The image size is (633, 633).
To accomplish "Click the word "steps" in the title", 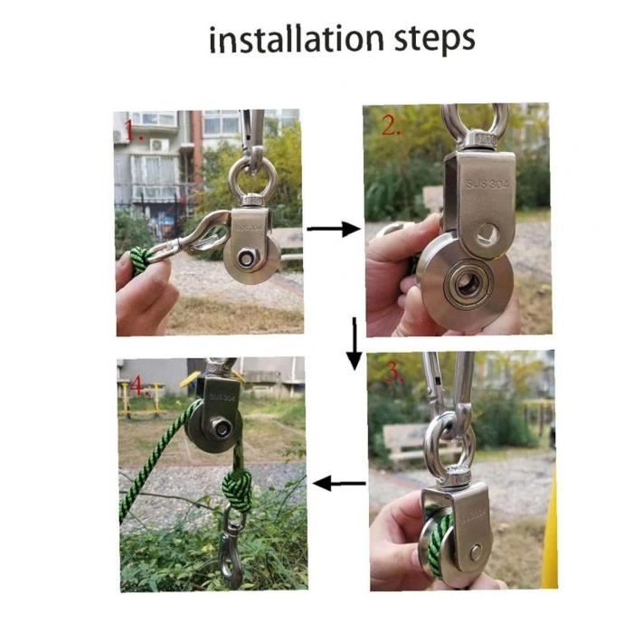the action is [434, 41].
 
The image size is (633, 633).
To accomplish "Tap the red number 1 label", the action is [133, 130].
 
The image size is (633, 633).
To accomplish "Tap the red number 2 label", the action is [392, 125].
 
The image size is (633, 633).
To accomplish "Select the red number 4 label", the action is [139, 386].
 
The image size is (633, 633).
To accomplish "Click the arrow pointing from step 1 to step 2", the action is [334, 229].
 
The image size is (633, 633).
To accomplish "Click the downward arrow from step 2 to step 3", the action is [354, 344].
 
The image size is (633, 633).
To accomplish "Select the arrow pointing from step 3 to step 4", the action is [339, 483].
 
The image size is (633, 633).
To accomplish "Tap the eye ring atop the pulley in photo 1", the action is [252, 178].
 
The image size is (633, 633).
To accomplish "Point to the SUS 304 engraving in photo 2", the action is [487, 184].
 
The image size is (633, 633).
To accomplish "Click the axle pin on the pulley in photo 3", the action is [476, 552].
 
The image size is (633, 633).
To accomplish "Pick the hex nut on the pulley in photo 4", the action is [221, 428].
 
